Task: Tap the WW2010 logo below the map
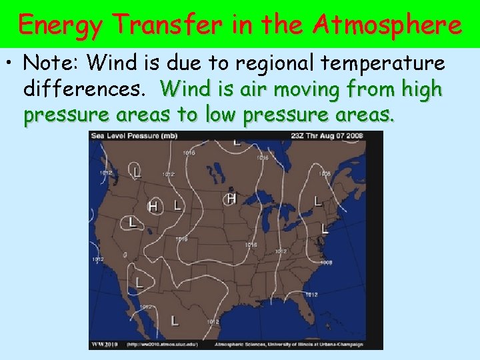coord(105,345)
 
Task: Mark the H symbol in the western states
coord(153,207)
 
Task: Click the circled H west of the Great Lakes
coord(231,198)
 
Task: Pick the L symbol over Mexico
coord(175,321)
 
